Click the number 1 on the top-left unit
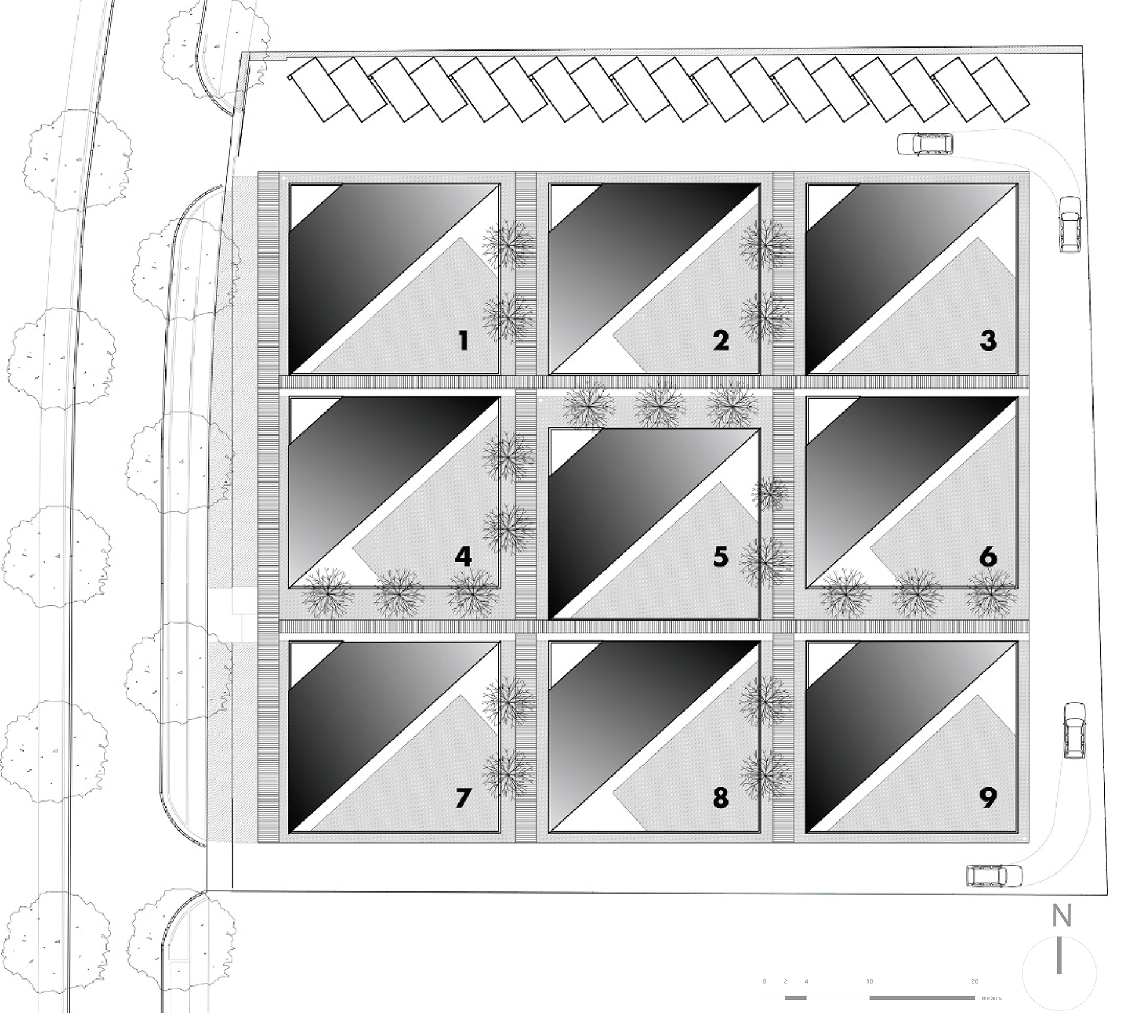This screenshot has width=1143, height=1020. [x=463, y=340]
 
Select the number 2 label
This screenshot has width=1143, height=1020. [x=720, y=340]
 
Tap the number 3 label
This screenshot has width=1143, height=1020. [x=988, y=340]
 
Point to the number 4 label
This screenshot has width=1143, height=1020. [x=463, y=556]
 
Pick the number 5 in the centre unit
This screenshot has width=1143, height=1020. [x=720, y=556]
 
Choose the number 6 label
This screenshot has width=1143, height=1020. [x=988, y=556]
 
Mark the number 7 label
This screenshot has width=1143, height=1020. [x=463, y=797]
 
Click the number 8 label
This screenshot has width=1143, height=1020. [x=720, y=797]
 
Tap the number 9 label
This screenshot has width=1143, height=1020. [x=988, y=797]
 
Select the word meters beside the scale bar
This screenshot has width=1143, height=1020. [x=992, y=998]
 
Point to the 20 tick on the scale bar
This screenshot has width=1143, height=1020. [x=975, y=981]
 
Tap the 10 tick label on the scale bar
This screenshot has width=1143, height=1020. [x=870, y=981]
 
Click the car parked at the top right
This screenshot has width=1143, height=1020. [x=925, y=144]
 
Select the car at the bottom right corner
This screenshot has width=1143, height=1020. [x=994, y=876]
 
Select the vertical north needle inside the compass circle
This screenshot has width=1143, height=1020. [x=1059, y=972]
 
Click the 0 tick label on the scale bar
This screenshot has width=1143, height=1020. [x=764, y=981]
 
